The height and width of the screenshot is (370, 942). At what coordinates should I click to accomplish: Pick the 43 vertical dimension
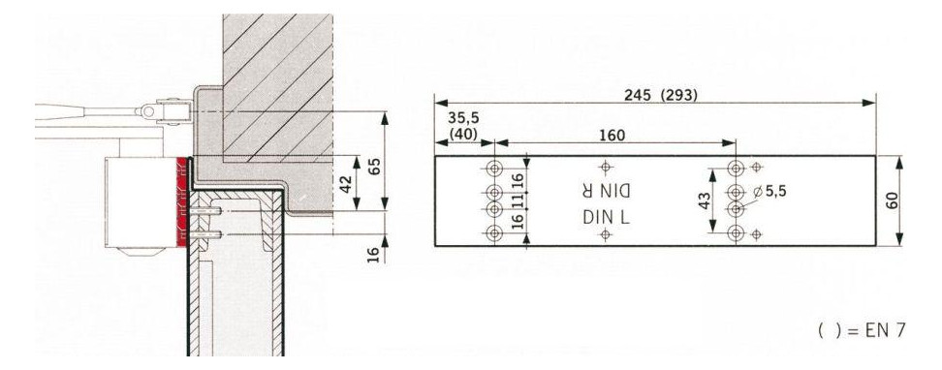point(706,200)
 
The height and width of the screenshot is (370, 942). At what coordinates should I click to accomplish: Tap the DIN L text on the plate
point(606,218)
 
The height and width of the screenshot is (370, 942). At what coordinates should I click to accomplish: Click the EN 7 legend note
point(862,331)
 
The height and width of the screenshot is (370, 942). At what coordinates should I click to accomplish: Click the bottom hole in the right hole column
point(738,232)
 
